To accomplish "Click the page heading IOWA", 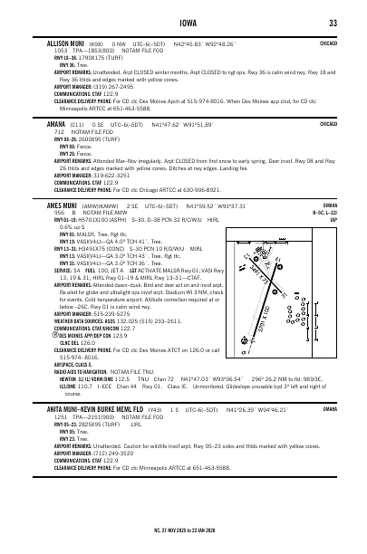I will pyautogui.click(x=183, y=23).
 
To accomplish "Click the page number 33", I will pyautogui.click(x=333, y=23).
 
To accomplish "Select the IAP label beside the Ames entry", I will pyautogui.click(x=333, y=218).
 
